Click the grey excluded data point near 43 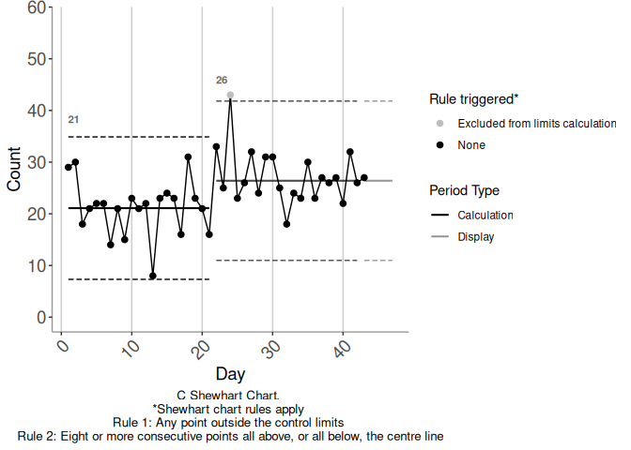[230, 95]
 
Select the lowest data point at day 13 [153, 276]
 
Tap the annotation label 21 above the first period [73, 120]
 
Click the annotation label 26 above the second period [222, 80]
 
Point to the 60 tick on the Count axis [37, 8]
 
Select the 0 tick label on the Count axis [42, 318]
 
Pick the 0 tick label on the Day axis [61, 347]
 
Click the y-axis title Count [14, 169]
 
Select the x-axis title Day [230, 374]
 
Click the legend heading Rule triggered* [473, 98]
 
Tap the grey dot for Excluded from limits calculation [439, 124]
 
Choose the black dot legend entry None [439, 145]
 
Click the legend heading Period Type [464, 190]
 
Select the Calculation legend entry [485, 216]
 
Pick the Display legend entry [475, 237]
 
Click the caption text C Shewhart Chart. [230, 396]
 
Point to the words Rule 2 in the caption [37, 436]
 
